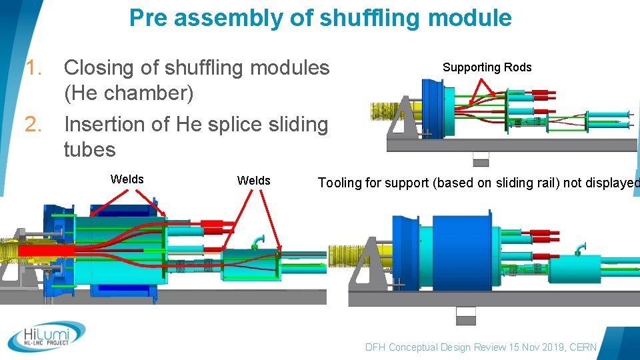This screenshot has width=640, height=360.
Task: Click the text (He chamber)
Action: [129, 93]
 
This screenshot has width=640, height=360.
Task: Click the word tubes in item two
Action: [89, 149]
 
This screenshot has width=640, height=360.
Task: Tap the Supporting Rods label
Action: [487, 67]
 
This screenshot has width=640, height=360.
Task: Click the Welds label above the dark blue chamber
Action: [127, 179]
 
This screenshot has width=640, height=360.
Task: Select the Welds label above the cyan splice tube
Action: [253, 181]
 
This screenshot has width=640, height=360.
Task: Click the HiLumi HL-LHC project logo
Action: [47, 337]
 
